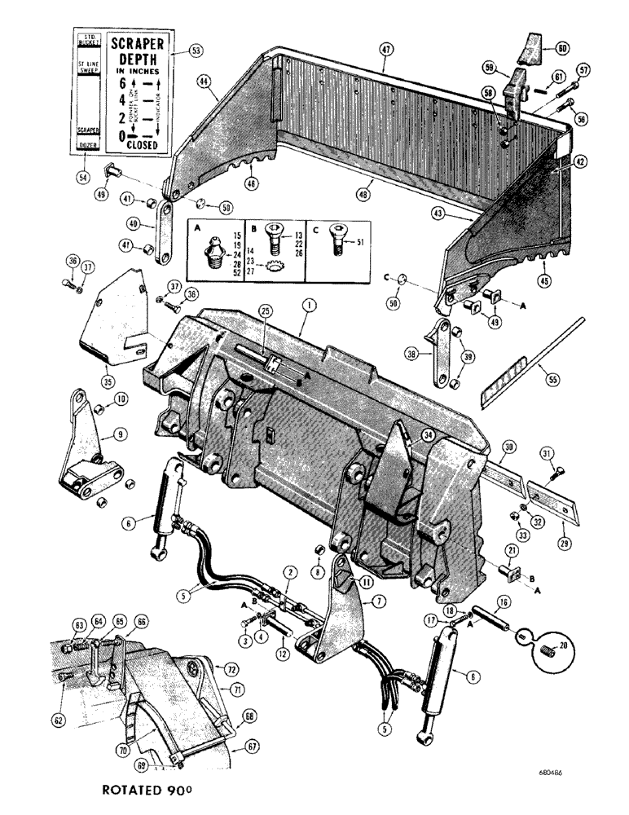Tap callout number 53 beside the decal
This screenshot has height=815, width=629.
[x=194, y=51]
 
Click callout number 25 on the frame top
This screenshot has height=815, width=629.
[x=265, y=311]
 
